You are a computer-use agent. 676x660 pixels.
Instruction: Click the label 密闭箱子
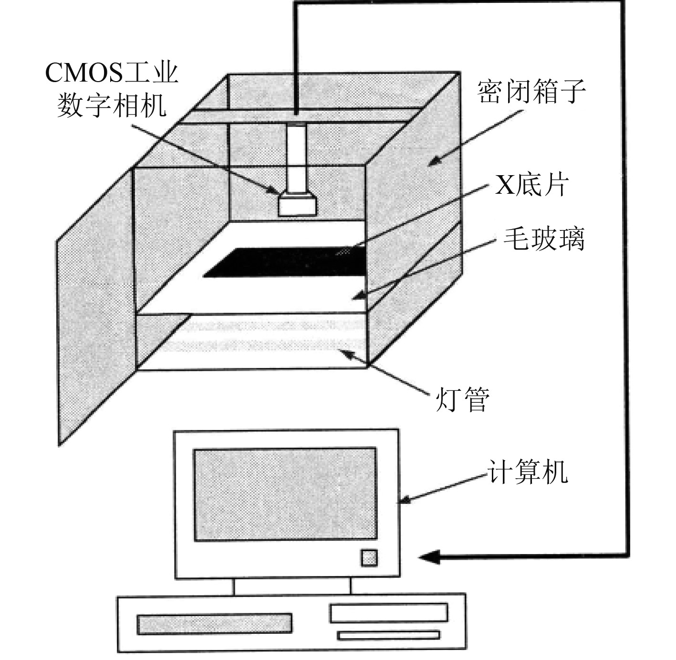click(x=531, y=92)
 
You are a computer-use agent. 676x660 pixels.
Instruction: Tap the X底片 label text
click(x=531, y=185)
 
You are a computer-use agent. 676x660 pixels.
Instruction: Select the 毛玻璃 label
click(x=544, y=239)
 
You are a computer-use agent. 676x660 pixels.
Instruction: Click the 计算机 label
click(x=528, y=471)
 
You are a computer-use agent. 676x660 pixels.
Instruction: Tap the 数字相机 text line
click(x=112, y=105)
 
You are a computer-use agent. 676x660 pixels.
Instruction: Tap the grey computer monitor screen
click(x=285, y=494)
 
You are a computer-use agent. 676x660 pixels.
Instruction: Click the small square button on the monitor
click(x=369, y=558)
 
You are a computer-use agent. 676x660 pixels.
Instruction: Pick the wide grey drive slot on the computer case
click(x=214, y=624)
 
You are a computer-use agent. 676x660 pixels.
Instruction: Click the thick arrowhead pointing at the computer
click(x=429, y=556)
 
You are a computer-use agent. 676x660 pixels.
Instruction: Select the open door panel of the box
click(x=95, y=305)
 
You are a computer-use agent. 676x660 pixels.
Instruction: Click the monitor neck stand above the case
click(x=292, y=587)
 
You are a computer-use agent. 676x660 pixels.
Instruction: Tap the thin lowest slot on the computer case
click(x=388, y=635)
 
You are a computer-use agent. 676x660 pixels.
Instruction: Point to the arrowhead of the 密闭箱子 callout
click(x=432, y=163)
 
